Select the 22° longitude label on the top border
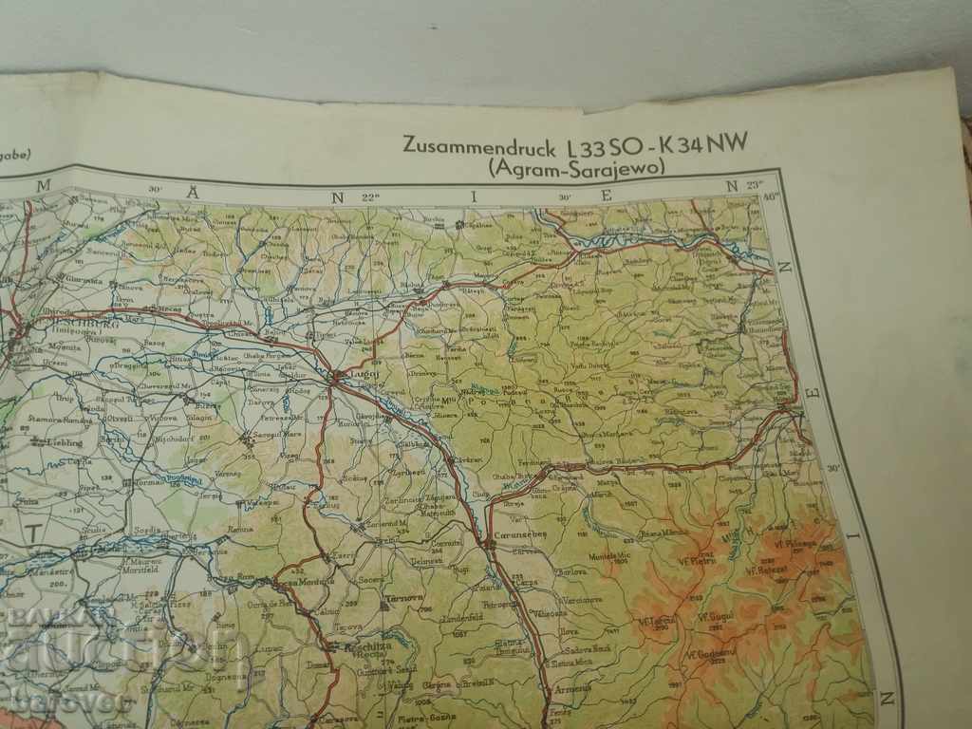coord(370,196)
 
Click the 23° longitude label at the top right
coord(756,186)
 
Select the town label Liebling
coord(56,442)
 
